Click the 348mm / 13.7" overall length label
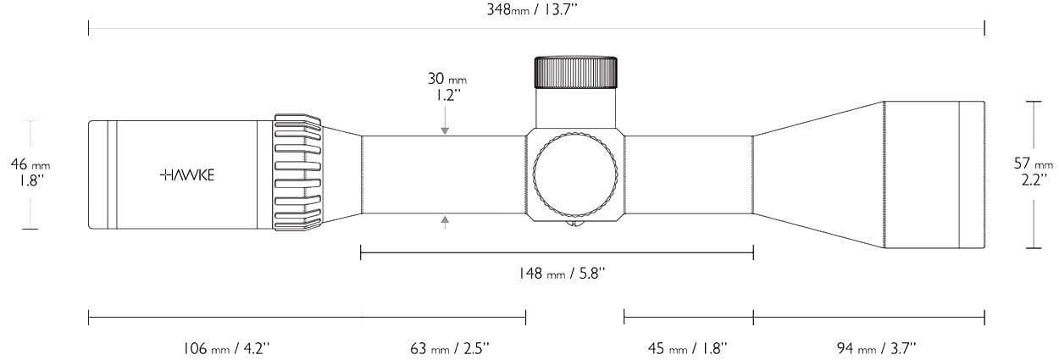click(x=532, y=9)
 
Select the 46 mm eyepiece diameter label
click(x=30, y=172)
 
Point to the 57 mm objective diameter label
click(x=1033, y=171)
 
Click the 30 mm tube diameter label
click(x=447, y=86)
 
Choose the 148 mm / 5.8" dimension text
click(x=562, y=273)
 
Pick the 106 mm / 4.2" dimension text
click(x=226, y=349)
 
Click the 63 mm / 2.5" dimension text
click(x=450, y=349)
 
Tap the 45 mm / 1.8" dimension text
click(x=687, y=349)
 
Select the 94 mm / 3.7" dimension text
click(x=877, y=349)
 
